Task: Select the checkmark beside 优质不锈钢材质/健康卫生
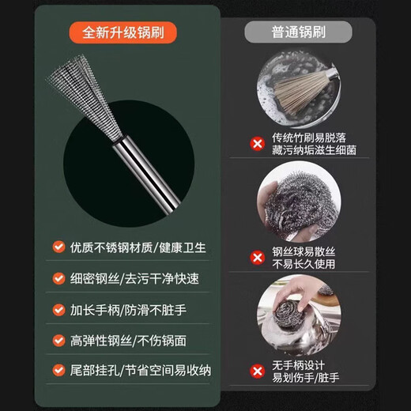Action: point(58,247)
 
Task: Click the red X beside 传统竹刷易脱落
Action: point(256,144)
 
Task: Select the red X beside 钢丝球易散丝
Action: point(256,257)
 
